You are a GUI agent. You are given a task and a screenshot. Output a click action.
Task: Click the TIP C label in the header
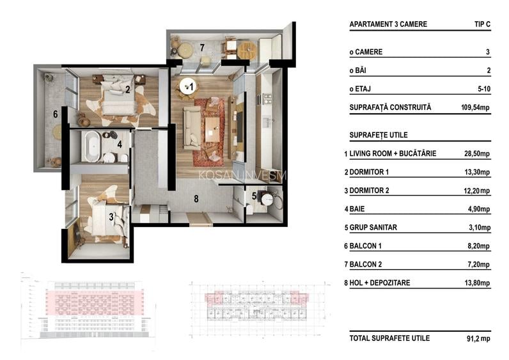tap(482, 24)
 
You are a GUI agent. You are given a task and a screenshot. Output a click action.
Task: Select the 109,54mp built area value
tap(475, 107)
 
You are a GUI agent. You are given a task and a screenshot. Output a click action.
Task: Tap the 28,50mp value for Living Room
tap(476, 153)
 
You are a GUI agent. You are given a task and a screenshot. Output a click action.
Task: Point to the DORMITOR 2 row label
tap(369, 191)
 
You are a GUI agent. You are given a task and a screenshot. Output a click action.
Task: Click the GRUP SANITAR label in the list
tap(373, 228)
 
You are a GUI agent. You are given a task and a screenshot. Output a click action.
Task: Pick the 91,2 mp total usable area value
tap(478, 338)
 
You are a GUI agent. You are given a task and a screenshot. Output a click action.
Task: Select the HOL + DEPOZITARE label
tap(379, 283)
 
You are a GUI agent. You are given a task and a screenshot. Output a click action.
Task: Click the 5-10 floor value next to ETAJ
tap(484, 89)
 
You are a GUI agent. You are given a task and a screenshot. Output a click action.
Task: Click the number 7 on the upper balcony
tap(202, 48)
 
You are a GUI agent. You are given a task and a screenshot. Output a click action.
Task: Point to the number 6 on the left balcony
tap(56, 114)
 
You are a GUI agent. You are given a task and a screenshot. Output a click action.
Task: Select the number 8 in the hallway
tap(196, 199)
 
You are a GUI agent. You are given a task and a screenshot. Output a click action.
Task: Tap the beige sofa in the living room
tap(192, 128)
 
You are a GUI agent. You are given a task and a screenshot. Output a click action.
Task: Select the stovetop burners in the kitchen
tap(267, 98)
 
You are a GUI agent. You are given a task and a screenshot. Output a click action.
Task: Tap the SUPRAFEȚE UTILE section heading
tap(379, 135)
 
